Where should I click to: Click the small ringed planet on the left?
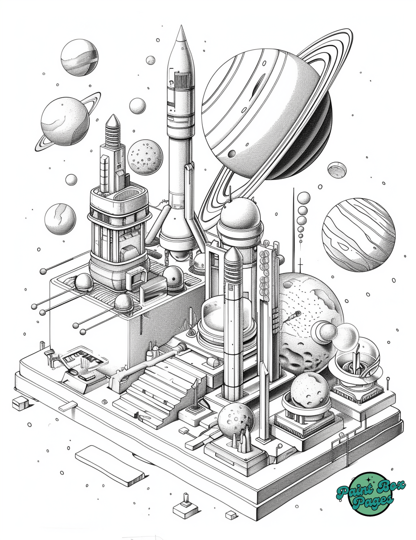pos(65,121)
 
